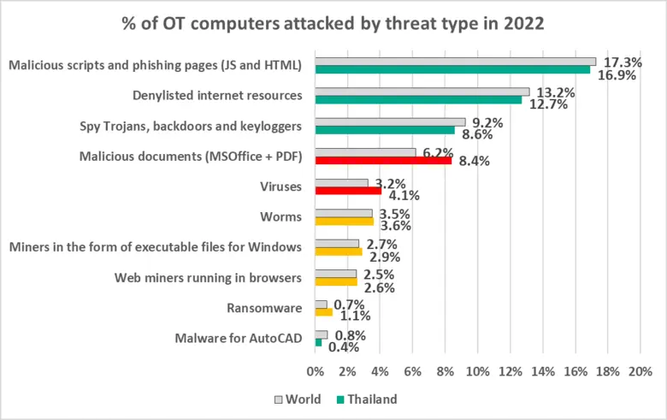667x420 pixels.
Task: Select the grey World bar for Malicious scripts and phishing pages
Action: coord(456,61)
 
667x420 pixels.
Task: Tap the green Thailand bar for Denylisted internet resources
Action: coord(418,100)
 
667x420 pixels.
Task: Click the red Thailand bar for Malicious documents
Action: coord(383,161)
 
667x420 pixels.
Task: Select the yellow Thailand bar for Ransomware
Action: coord(324,312)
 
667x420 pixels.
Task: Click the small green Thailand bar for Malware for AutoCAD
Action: coord(319,342)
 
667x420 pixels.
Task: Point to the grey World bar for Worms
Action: coord(344,213)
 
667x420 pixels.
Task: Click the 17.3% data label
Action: coord(623,62)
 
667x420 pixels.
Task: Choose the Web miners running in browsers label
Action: coord(208,278)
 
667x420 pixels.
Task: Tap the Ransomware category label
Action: coord(264,308)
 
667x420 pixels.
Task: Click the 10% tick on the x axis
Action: coord(477,372)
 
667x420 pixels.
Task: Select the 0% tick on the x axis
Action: coord(316,372)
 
